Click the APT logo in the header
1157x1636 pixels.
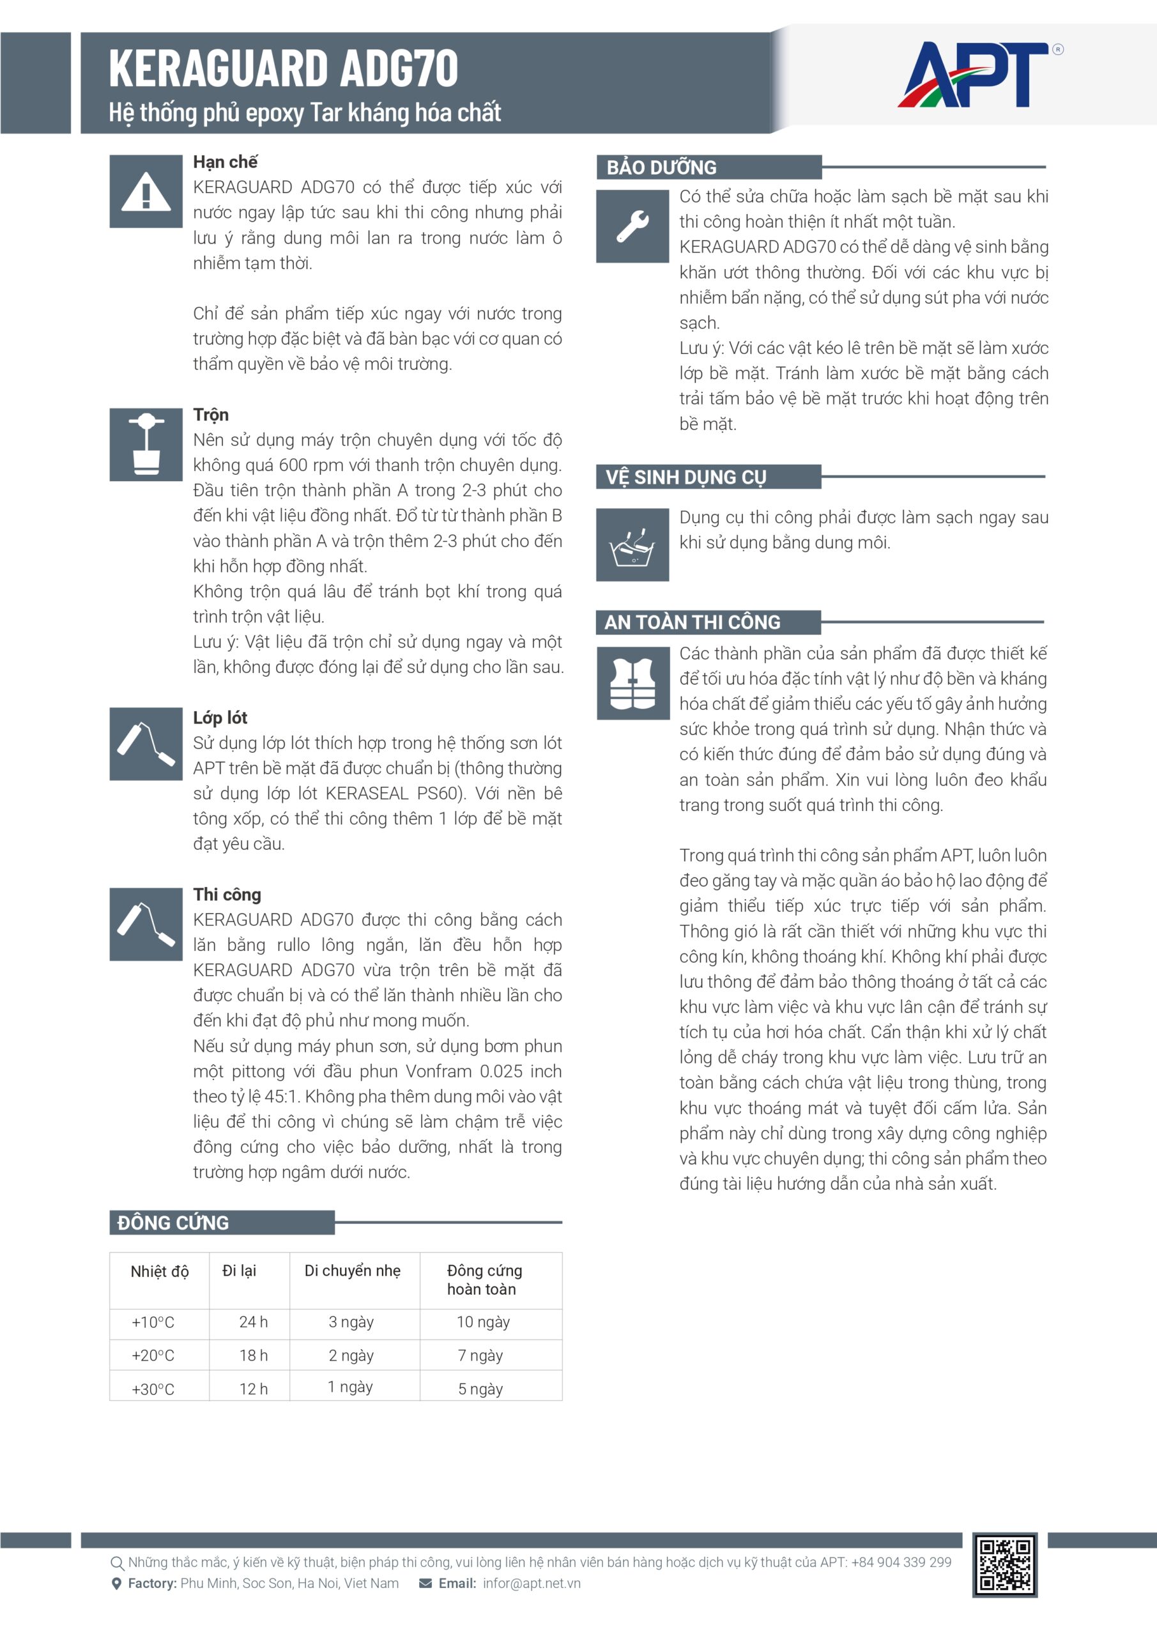[975, 75]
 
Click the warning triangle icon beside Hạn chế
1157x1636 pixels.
[146, 192]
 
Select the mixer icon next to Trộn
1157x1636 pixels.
[146, 445]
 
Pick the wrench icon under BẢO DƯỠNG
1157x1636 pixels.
[632, 226]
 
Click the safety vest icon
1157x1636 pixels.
[632, 683]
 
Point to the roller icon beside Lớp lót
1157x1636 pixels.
[146, 744]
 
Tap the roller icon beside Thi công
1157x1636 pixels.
[146, 924]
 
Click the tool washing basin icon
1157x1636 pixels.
[632, 545]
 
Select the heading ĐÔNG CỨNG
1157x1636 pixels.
[173, 1223]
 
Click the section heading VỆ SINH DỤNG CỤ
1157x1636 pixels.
[686, 477]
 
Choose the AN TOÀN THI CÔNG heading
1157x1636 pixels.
[692, 622]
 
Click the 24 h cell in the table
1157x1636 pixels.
[253, 1322]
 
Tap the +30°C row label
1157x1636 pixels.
[153, 1389]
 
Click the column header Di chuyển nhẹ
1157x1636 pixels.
[353, 1270]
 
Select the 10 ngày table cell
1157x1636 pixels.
[483, 1322]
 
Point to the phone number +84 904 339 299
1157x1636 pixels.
[901, 1563]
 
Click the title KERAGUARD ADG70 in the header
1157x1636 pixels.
[283, 68]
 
